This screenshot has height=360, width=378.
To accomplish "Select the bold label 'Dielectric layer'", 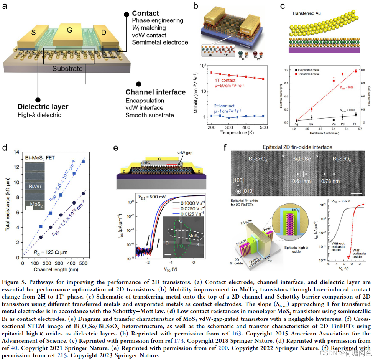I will click(43, 107).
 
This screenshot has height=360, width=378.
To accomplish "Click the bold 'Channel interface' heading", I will click(155, 92).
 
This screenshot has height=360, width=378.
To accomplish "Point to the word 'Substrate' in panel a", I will click(67, 69).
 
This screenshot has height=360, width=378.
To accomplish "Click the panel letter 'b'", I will click(196, 6).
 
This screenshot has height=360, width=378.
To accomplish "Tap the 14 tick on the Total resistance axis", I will click(16, 152).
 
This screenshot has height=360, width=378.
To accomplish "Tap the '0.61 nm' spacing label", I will click(298, 182).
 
